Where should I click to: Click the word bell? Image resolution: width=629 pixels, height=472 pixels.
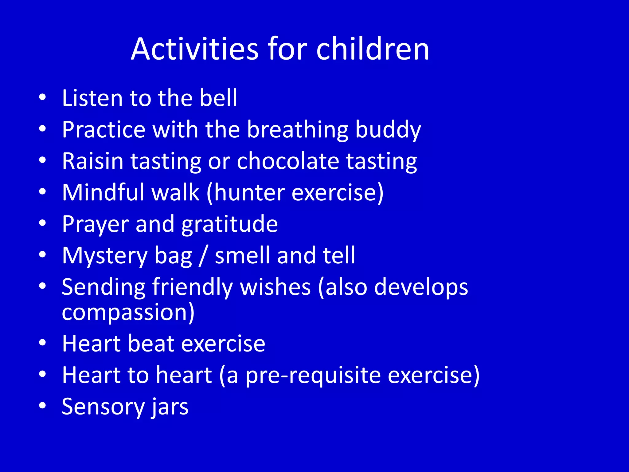tap(218, 98)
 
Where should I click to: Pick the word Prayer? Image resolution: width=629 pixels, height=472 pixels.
tap(95, 224)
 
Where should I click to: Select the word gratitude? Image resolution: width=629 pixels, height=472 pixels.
tap(229, 224)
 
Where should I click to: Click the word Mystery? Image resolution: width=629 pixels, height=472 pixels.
tap(105, 256)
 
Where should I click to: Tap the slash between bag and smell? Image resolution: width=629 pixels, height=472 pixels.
tap(203, 256)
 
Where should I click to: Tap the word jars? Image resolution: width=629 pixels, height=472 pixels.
tap(169, 407)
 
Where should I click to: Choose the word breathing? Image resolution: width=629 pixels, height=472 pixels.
tap(298, 130)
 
